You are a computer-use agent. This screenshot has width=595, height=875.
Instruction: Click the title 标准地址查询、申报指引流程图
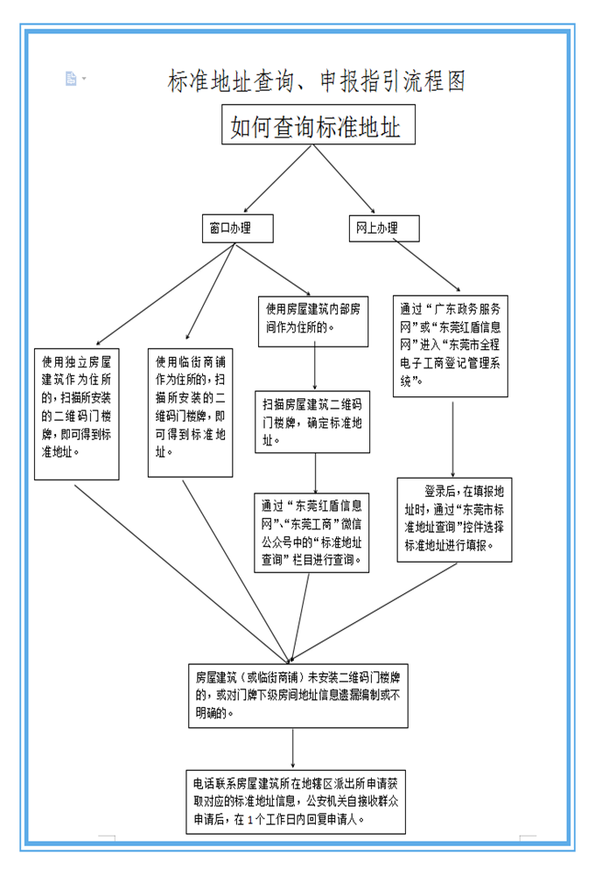317,81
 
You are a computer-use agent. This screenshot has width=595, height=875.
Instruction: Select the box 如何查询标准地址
318,124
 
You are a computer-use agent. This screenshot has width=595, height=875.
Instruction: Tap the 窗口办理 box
238,228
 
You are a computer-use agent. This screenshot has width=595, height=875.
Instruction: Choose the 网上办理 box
384,228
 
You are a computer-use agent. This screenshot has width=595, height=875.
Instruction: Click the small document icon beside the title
71,79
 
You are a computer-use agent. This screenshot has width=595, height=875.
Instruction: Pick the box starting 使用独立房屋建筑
76,414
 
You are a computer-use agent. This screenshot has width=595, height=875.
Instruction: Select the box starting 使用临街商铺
190,413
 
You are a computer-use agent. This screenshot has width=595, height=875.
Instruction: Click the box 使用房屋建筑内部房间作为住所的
313,321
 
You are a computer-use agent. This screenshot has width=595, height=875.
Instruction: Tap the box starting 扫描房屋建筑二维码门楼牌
312,422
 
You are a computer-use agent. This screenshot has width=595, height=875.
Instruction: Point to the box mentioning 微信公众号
311,533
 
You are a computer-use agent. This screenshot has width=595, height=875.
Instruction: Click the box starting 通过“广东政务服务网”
451,346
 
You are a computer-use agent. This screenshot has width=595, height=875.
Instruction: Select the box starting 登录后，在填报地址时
454,520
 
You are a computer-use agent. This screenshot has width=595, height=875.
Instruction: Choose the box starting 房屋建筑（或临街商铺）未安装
298,696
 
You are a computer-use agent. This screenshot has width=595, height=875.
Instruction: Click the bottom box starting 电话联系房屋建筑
296,801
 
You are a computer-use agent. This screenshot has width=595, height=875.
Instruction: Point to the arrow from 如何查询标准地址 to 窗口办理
277,179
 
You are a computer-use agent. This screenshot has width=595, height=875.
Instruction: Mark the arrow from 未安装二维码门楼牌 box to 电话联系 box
292,749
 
